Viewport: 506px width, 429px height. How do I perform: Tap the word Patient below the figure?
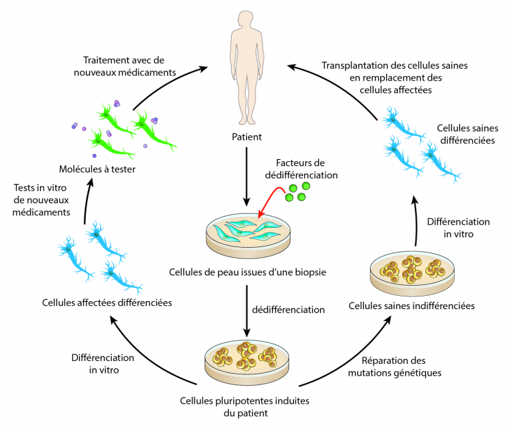pos(247,137)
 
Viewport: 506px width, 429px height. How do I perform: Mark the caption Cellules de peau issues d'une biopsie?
pos(247,272)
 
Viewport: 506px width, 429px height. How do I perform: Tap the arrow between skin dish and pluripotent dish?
pos(247,309)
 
